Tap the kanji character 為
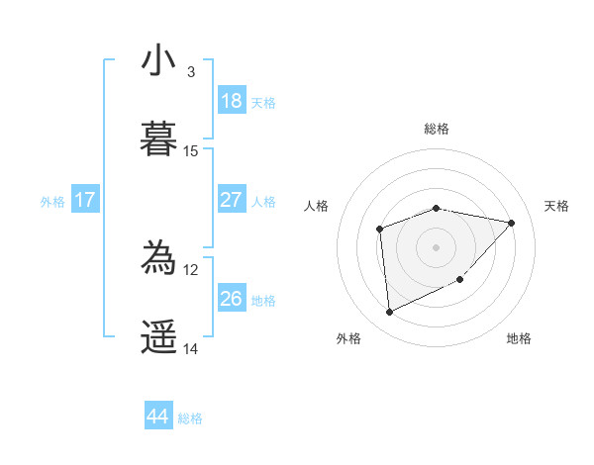pos(158,259)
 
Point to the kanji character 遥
pos(158,337)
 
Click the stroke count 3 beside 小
pos(190,72)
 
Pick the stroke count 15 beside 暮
pos(191,150)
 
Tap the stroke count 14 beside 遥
pos(191,348)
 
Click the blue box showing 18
pos(231,100)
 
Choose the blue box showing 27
pos(231,200)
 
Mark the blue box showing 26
pos(231,298)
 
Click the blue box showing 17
pos(85,200)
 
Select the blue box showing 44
pos(158,417)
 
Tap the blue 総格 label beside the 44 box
pos(190,418)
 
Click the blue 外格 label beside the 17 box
pos(52,202)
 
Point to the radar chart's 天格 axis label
pos(557,206)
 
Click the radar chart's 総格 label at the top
pos(437,129)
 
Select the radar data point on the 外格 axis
pos(389,313)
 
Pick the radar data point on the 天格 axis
pos(512,223)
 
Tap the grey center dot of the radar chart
pos(437,247)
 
